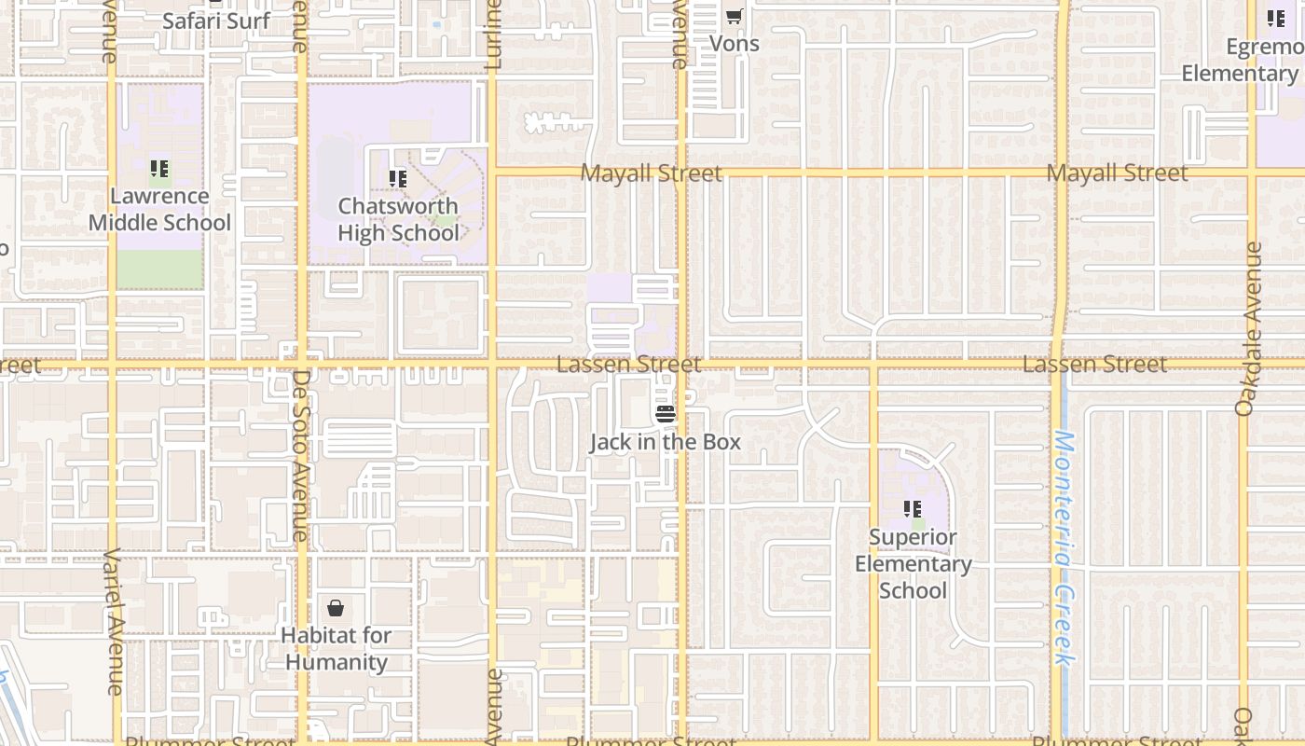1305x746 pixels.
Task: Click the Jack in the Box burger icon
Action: click(665, 413)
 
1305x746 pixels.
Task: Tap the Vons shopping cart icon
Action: click(735, 16)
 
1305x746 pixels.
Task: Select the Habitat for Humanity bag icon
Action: click(336, 608)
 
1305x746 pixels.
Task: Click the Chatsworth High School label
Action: click(398, 219)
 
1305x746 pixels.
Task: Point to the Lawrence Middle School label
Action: click(159, 209)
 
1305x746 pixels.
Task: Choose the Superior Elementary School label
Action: click(913, 563)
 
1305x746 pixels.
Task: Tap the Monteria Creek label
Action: click(1064, 548)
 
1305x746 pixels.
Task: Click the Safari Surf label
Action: click(216, 21)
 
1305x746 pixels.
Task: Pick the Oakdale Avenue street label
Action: click(1248, 328)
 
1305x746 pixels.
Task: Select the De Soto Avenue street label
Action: click(300, 455)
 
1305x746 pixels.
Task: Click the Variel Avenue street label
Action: click(113, 621)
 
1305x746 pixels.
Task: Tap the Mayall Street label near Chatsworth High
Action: click(651, 173)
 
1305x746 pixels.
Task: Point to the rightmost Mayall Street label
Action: click(1117, 173)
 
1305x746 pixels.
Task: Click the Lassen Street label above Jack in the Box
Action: click(628, 364)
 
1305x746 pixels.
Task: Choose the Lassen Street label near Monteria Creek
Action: click(1094, 364)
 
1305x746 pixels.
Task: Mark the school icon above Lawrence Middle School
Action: click(159, 169)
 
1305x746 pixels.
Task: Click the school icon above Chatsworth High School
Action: click(398, 178)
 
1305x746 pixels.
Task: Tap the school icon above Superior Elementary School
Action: click(913, 509)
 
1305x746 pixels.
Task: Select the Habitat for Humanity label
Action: click(336, 649)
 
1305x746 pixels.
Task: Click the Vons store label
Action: click(735, 43)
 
